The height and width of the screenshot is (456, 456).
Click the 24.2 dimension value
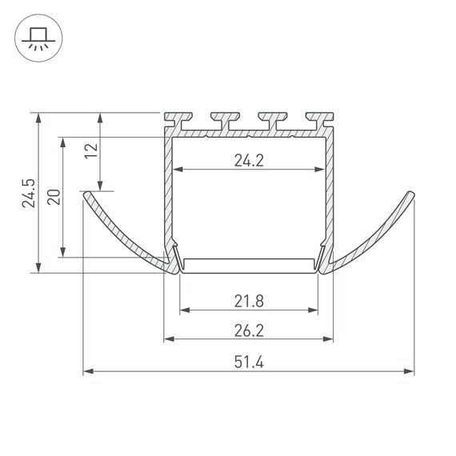click(249, 161)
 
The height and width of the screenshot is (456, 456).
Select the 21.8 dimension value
click(249, 302)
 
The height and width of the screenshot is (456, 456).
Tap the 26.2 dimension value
click(249, 330)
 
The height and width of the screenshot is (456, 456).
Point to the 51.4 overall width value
click(249, 362)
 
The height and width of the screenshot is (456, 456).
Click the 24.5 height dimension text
click(29, 193)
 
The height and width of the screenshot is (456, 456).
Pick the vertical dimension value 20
click(54, 197)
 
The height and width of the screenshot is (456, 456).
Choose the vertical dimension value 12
click(91, 150)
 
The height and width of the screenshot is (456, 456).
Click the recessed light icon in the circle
click(38, 38)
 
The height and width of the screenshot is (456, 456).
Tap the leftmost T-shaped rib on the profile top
click(178, 119)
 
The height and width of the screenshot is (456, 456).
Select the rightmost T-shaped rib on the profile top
click(320, 119)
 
